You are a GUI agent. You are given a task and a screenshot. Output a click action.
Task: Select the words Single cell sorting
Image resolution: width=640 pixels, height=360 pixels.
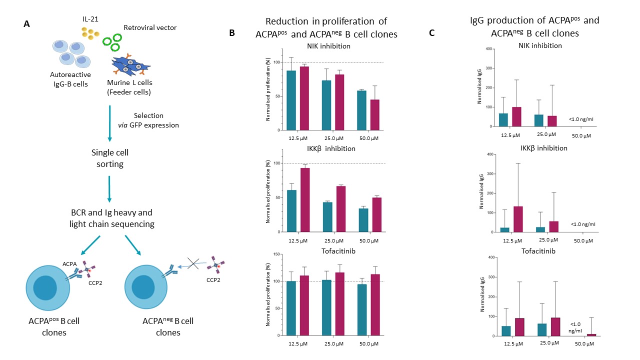tap(110, 158)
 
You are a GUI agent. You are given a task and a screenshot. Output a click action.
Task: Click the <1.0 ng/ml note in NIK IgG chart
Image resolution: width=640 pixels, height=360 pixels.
tap(581, 119)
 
